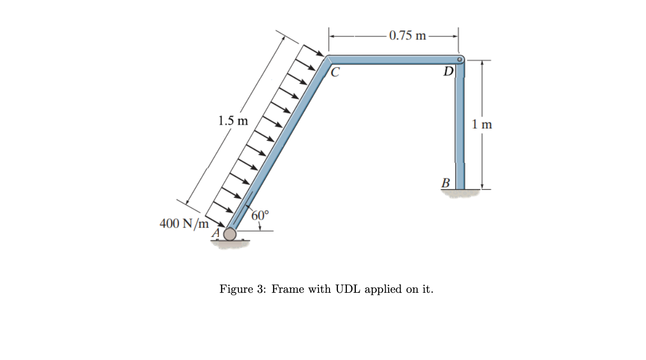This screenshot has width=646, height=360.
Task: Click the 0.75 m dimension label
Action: [x=408, y=35]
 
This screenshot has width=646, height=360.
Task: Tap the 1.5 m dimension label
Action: [x=233, y=121]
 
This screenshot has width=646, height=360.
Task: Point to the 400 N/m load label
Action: [x=184, y=224]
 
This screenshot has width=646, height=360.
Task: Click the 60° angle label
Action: [x=260, y=216]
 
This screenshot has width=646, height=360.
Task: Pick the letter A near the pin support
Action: [x=216, y=233]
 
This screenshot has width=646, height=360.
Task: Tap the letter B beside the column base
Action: [x=446, y=183]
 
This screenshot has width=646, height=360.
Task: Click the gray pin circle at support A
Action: [x=229, y=234]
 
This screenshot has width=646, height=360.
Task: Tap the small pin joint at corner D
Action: [x=460, y=60]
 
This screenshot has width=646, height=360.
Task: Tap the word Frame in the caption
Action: [x=288, y=289]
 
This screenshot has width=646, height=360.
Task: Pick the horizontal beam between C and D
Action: [x=393, y=60]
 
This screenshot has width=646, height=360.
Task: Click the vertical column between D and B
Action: [x=460, y=124]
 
